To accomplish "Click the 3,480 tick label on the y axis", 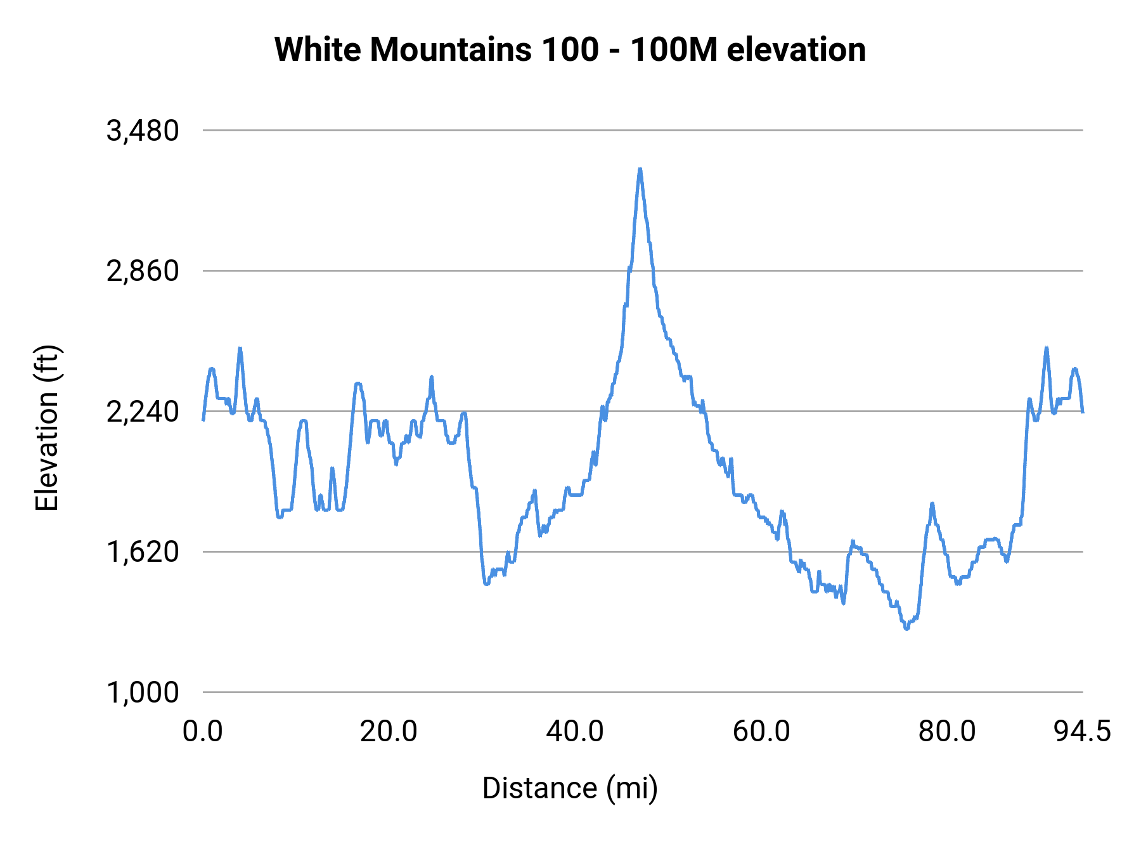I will point(143,131).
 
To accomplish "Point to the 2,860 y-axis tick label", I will point(143,271).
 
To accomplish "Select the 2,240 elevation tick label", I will point(143,412).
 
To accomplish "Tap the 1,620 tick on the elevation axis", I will point(143,552).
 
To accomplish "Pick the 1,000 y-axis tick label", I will point(143,693).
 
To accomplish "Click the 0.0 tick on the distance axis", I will point(203,732).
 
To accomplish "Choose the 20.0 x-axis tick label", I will point(389,732).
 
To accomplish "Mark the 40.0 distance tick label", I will point(575,732).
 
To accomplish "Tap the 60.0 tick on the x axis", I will point(761,732).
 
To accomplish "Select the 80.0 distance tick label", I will point(947,732).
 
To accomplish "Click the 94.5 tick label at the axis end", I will point(1083,732).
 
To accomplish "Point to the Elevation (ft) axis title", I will point(47,428).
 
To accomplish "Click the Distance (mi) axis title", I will point(570,789).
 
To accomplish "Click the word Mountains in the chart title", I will point(451,49).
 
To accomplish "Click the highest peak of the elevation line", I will point(640,169).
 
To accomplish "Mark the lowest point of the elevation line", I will point(906,629).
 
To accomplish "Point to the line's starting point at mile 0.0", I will point(203,420).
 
